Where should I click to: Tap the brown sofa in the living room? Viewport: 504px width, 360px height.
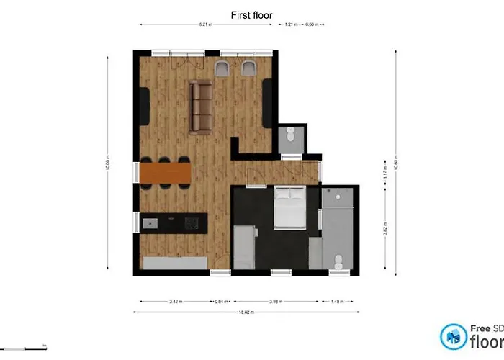(x=200, y=107)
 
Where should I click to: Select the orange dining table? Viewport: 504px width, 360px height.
(x=166, y=173)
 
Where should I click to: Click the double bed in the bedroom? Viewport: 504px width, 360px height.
(x=289, y=207)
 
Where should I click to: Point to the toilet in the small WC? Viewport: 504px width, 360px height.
(x=290, y=135)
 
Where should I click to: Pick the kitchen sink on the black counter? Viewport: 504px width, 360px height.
(x=150, y=222)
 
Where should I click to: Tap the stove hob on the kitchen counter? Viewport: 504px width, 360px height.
(x=191, y=222)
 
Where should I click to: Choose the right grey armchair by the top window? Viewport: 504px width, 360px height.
(x=249, y=68)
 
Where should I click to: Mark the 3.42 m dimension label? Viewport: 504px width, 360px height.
(x=174, y=302)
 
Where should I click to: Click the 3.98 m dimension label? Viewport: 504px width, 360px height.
(x=276, y=302)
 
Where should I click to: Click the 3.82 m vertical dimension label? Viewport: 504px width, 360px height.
(x=386, y=229)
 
